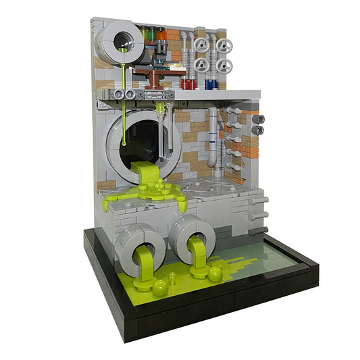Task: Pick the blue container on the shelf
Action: click(x=211, y=85)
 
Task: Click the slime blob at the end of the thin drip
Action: click(x=124, y=143)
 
